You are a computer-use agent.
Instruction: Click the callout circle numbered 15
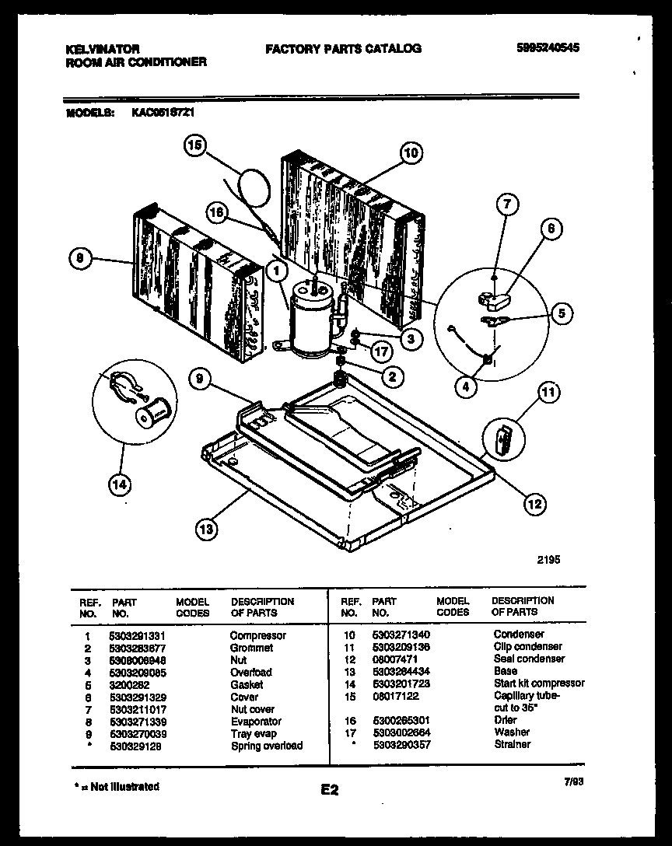coord(195,145)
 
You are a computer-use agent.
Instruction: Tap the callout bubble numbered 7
coord(506,205)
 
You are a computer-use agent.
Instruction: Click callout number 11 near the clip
coord(549,393)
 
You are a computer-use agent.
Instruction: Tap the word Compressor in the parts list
coord(257,635)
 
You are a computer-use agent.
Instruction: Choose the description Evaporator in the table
coord(256,721)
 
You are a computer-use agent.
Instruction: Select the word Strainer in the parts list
coord(512,744)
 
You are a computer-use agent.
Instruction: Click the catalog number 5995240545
coord(548,47)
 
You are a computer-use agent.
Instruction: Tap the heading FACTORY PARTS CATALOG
coord(343,48)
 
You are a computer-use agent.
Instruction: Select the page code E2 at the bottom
coord(329,790)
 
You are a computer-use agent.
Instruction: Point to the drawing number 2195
coord(548,559)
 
